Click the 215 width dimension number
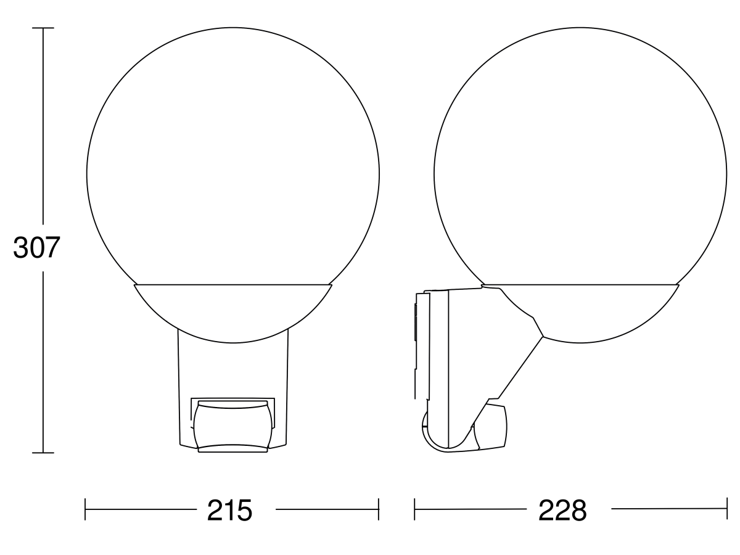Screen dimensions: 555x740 click(x=229, y=511)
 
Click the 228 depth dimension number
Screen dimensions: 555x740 click(x=562, y=511)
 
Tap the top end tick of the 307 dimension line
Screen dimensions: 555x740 click(x=43, y=28)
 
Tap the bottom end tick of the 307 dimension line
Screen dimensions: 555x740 click(x=43, y=453)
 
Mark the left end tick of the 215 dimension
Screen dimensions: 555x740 click(x=85, y=509)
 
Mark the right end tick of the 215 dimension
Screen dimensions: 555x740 click(x=378, y=509)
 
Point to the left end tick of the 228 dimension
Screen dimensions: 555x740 click(x=415, y=509)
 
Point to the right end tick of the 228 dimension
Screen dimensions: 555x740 click(x=727, y=509)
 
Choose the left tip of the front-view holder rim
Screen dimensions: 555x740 click(x=134, y=286)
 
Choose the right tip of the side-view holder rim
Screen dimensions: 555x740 click(x=679, y=286)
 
